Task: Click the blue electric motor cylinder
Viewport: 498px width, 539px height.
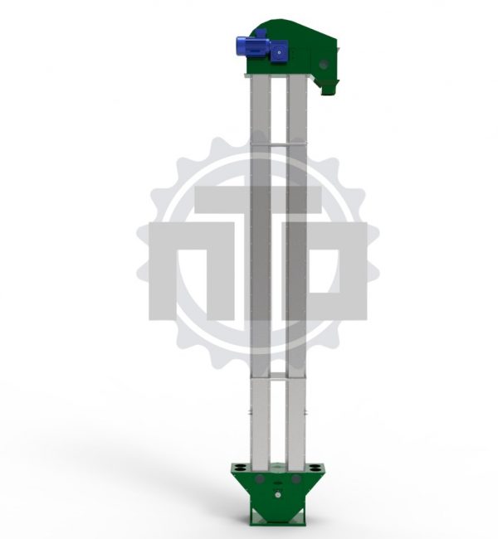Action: pyautogui.click(x=252, y=47)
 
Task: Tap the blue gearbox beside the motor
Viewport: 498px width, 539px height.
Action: pyautogui.click(x=279, y=51)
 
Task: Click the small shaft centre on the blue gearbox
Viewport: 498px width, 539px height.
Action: pyautogui.click(x=279, y=52)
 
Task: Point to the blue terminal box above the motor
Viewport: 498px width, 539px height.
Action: pyautogui.click(x=261, y=33)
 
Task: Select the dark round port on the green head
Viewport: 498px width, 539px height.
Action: pyautogui.click(x=324, y=64)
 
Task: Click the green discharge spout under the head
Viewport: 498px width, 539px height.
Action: pyautogui.click(x=330, y=87)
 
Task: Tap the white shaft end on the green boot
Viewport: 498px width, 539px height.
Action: pyautogui.click(x=278, y=495)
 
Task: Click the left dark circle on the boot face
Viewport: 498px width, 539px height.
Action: pyautogui.click(x=260, y=478)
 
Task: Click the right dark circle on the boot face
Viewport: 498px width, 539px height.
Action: pyautogui.click(x=295, y=478)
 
